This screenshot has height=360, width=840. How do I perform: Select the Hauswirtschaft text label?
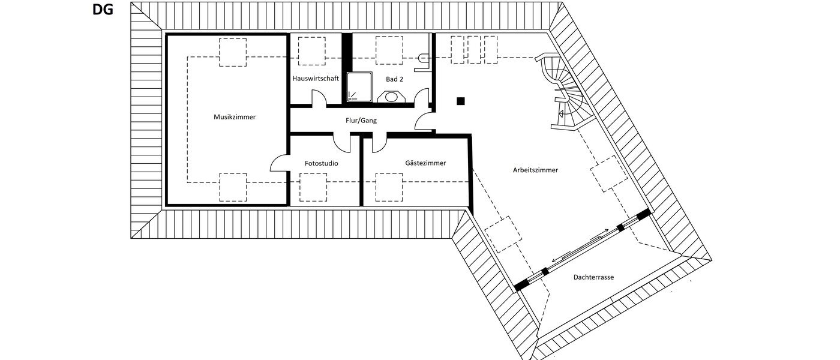pos(316,79)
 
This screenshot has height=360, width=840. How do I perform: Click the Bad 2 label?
pos(394,79)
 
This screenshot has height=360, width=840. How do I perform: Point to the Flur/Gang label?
pos(361,121)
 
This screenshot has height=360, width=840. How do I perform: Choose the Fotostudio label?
pos(321,163)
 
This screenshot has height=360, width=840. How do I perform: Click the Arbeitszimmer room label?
pos(536,170)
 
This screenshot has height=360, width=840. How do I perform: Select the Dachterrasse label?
pos(593,277)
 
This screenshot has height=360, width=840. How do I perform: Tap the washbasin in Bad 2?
pos(392,97)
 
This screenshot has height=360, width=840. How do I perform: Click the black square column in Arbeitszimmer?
pos(460,101)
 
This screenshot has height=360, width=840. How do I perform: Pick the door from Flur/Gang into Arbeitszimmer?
pos(425,120)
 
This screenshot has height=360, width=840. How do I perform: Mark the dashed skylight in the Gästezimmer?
pos(389,187)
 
